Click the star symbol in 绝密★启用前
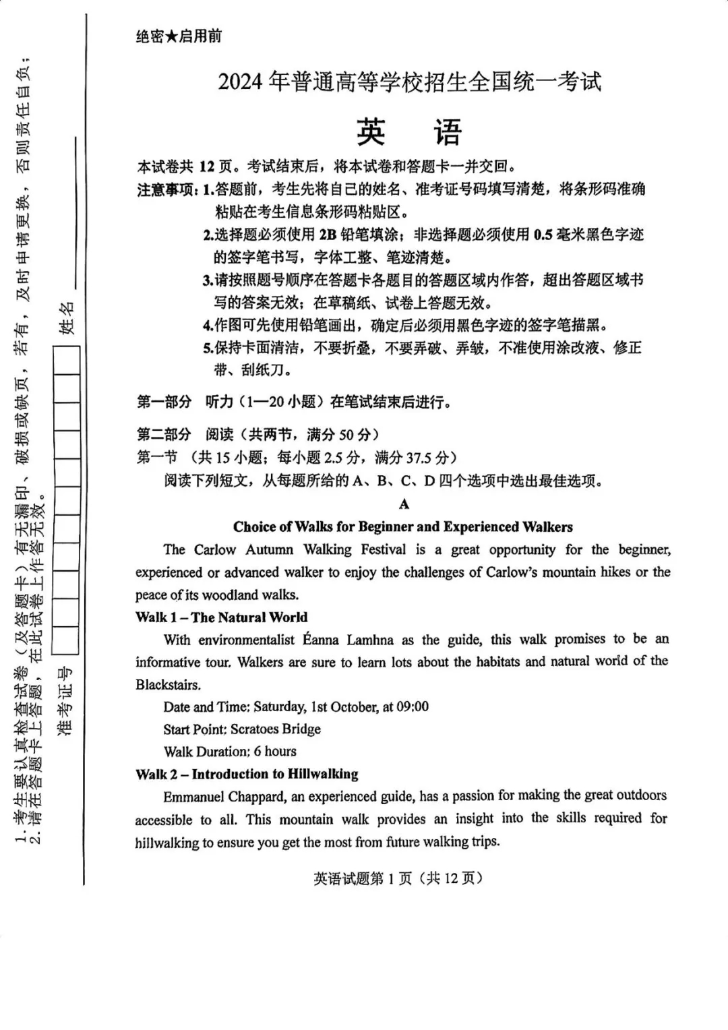(x=172, y=36)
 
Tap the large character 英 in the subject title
(x=371, y=132)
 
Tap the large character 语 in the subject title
(x=448, y=132)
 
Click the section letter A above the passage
(x=404, y=504)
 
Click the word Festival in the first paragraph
(x=384, y=549)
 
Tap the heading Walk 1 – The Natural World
(x=221, y=617)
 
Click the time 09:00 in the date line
(x=413, y=706)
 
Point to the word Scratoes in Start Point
(x=257, y=729)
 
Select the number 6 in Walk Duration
(x=257, y=752)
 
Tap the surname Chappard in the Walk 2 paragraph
(x=257, y=797)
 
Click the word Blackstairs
(x=167, y=685)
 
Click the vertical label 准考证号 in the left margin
(x=65, y=701)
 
